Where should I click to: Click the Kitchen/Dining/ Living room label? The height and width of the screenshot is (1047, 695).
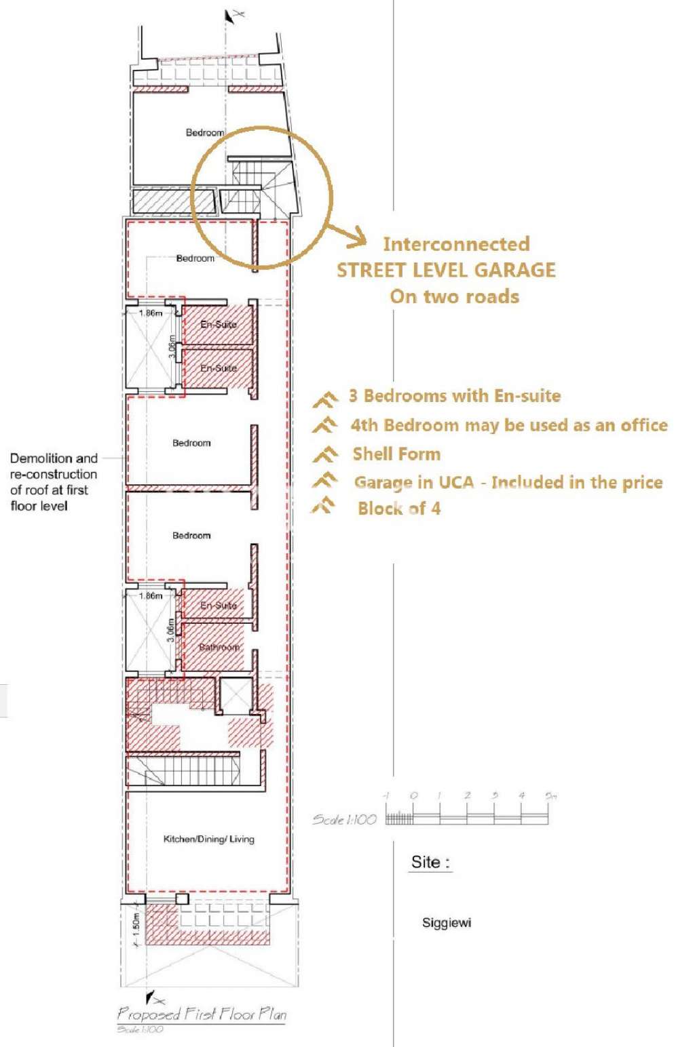coord(208,839)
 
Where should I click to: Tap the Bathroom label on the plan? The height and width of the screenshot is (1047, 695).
coord(219,647)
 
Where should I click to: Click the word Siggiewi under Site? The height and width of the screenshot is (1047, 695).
coord(446,923)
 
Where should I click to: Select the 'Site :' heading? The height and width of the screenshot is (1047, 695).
coord(430,863)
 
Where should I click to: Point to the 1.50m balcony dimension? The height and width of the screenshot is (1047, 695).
coord(136,924)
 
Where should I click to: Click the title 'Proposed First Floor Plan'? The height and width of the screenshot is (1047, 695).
coord(202,1014)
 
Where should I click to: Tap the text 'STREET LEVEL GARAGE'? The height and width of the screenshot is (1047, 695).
coord(446,270)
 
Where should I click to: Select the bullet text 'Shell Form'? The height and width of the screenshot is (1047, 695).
coord(396,454)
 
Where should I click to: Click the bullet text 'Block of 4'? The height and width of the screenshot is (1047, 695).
coord(399,508)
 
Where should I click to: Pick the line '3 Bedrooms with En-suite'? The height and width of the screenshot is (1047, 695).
coord(455,396)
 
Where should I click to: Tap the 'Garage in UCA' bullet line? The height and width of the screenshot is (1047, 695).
coord(508,482)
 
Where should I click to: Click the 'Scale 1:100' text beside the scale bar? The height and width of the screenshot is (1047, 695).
coord(344,819)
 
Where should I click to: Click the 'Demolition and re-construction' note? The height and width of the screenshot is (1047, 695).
coord(54,481)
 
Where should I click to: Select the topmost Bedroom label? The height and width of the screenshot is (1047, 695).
coord(204,132)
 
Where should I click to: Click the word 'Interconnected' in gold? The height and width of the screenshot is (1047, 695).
coord(456,243)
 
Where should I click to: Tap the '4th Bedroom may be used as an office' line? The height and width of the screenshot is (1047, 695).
coord(508,425)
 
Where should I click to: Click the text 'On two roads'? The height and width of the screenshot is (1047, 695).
coord(454,296)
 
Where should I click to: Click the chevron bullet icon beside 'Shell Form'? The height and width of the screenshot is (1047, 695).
coord(325,454)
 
